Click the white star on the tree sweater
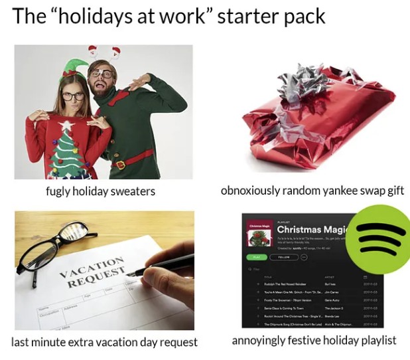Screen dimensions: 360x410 [66, 125]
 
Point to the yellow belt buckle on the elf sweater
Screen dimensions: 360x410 [119, 164]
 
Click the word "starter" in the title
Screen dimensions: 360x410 [255, 17]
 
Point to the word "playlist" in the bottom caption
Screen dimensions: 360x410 [376, 341]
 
